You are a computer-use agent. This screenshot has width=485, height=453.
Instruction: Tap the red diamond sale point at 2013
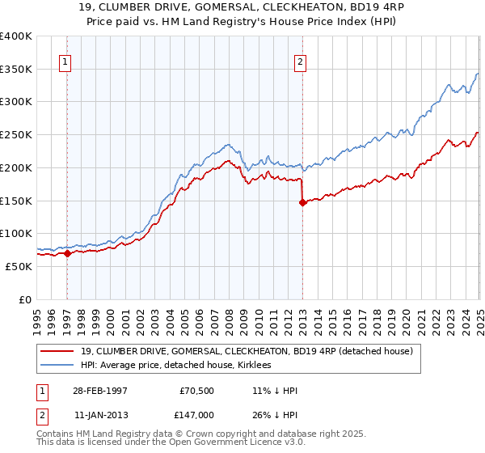[x=302, y=203]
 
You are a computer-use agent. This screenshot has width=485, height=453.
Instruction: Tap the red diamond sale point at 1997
[x=67, y=253]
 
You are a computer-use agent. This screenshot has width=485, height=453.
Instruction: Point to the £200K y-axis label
[x=16, y=167]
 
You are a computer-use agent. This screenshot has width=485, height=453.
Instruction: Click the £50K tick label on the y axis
[x=19, y=266]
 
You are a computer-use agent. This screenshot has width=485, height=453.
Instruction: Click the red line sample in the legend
[x=57, y=351]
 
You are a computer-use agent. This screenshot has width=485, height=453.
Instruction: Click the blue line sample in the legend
[x=57, y=366]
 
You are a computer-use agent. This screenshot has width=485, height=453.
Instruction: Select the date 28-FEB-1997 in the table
[x=100, y=389]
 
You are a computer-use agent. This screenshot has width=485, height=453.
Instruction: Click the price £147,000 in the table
[x=198, y=413]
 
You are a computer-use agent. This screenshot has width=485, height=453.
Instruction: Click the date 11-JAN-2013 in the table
[x=100, y=413]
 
